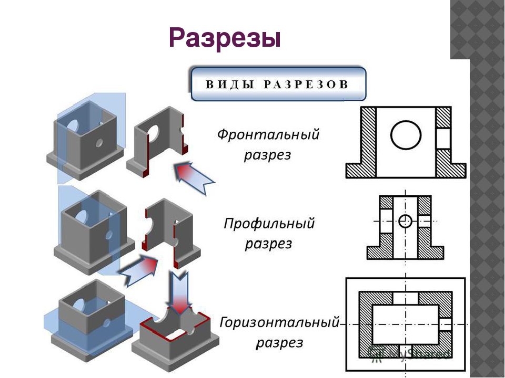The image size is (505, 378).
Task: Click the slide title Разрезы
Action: pos(225,38)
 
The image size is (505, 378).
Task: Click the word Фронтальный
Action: pos(268,134)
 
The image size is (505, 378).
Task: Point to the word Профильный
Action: pos(269,224)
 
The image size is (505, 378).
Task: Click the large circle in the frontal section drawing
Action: pos(406,134)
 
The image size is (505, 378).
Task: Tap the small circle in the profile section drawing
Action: pos(405,221)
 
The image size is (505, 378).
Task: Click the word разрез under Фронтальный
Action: pos(267,156)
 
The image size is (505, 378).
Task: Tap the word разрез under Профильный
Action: pos(268,244)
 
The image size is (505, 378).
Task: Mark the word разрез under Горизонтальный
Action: pos(279,343)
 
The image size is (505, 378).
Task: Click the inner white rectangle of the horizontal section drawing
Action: pos(405,324)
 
